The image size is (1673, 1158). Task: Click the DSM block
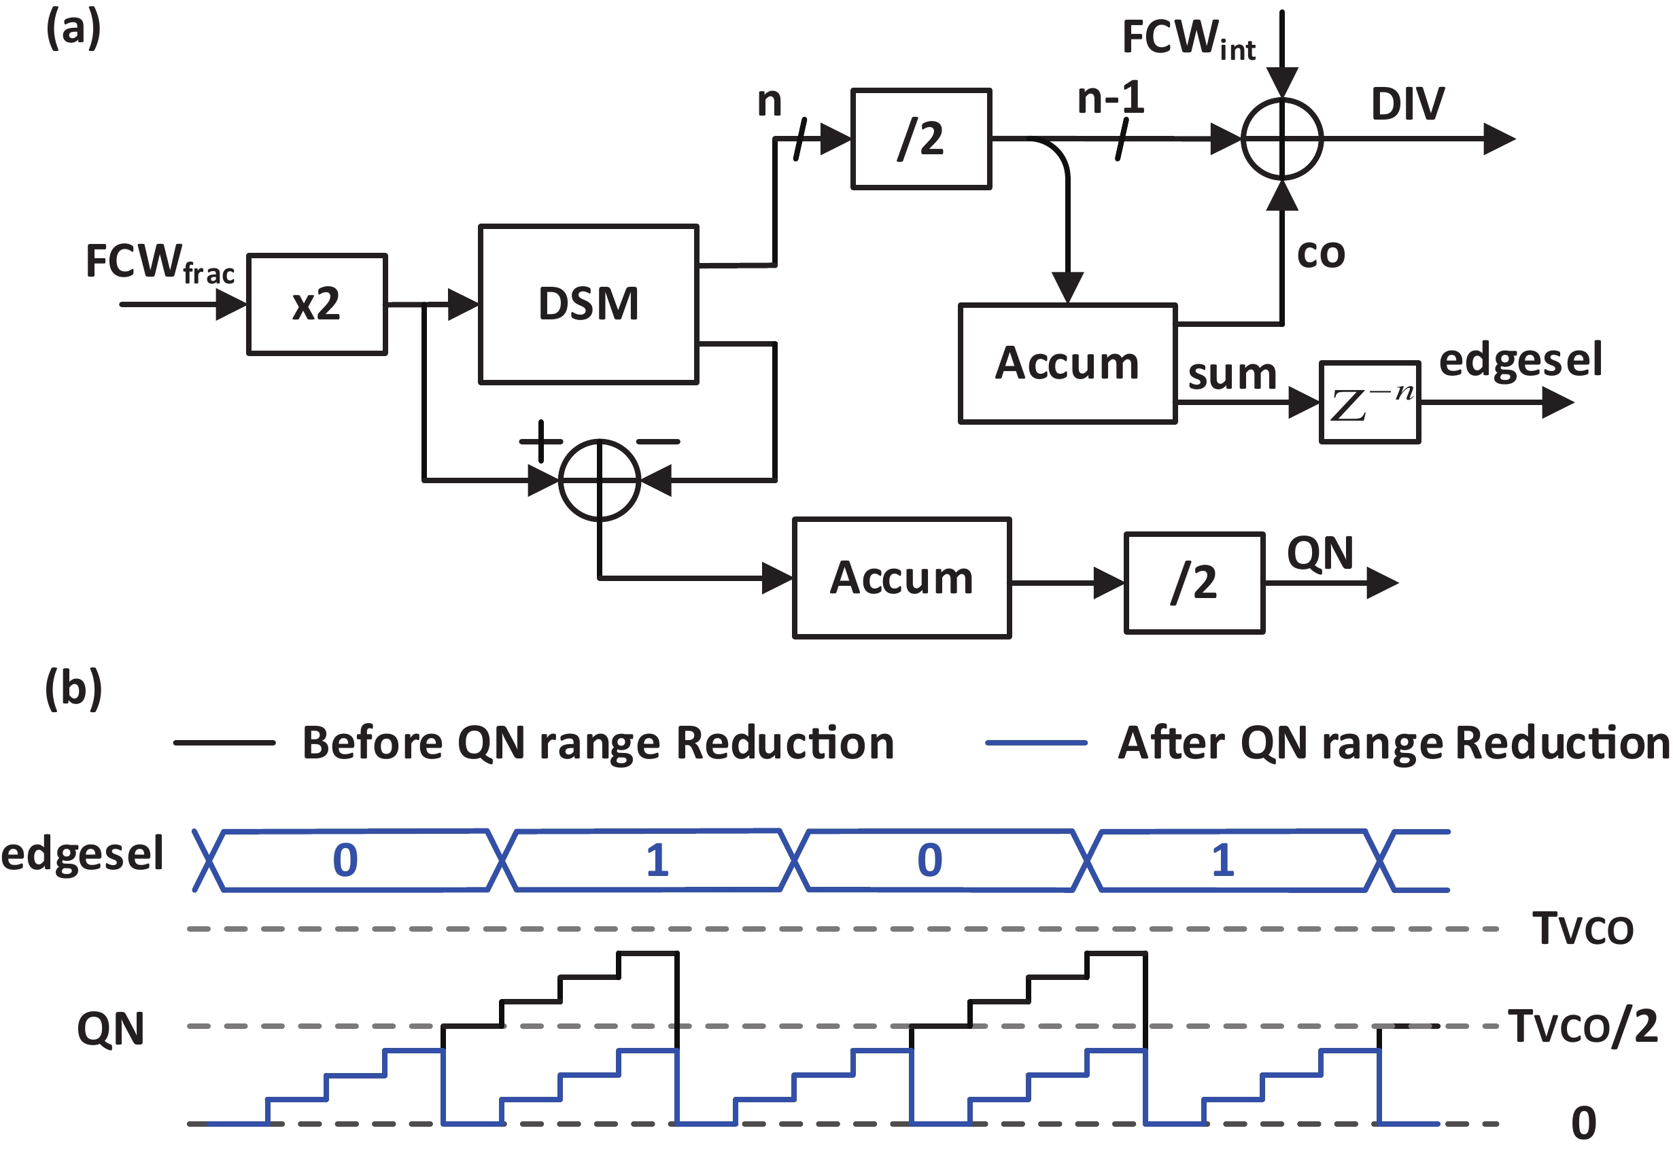click(588, 303)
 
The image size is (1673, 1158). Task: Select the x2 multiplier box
click(317, 303)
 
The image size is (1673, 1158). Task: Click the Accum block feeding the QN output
click(901, 578)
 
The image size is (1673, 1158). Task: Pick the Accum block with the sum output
click(1067, 363)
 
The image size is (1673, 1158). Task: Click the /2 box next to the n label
click(920, 139)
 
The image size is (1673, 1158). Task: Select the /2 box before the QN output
click(1194, 582)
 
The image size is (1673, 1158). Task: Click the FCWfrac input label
click(160, 262)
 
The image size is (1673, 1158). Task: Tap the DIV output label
click(1407, 104)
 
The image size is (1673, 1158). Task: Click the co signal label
click(1321, 254)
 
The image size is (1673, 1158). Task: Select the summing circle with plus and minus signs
click(600, 480)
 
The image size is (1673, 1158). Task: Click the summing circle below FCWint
click(1282, 139)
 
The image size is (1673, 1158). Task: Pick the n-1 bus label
click(1111, 98)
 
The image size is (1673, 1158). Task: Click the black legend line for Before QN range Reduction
click(224, 742)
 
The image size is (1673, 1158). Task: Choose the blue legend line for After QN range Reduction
click(1035, 742)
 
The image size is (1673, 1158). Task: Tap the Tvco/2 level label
click(1583, 1026)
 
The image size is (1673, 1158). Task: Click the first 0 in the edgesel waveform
click(345, 860)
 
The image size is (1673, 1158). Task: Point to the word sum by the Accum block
click(1232, 374)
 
